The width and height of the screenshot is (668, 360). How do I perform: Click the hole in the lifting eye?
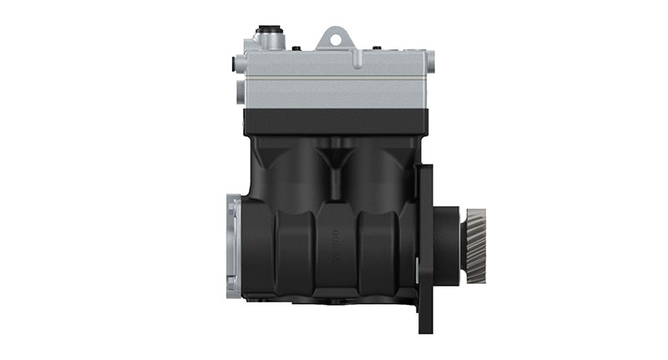click(336, 37)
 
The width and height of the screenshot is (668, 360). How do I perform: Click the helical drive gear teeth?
click(477, 247)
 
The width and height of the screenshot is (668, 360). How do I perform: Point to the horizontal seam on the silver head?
click(334, 72)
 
